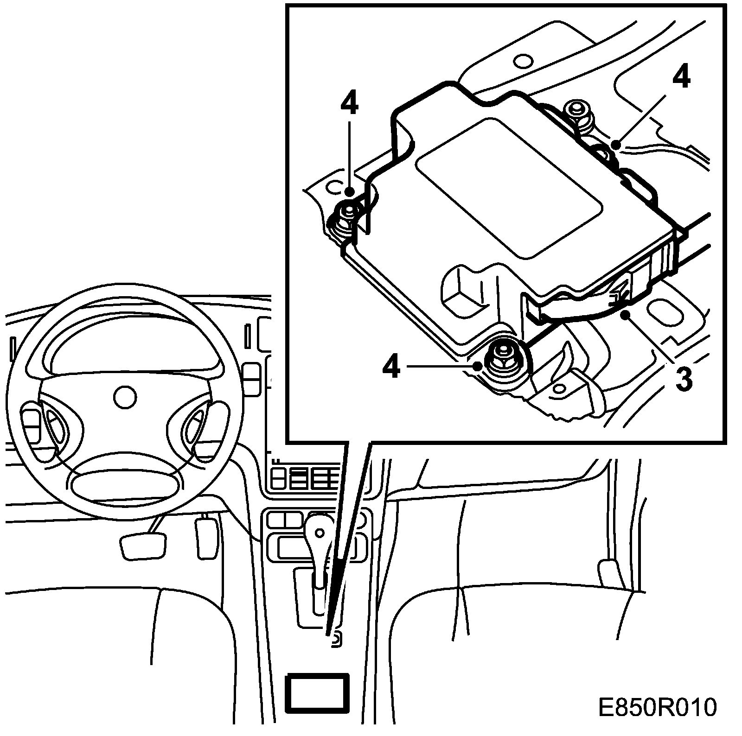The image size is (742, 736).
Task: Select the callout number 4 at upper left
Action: (349, 105)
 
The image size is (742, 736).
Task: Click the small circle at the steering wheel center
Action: (125, 398)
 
